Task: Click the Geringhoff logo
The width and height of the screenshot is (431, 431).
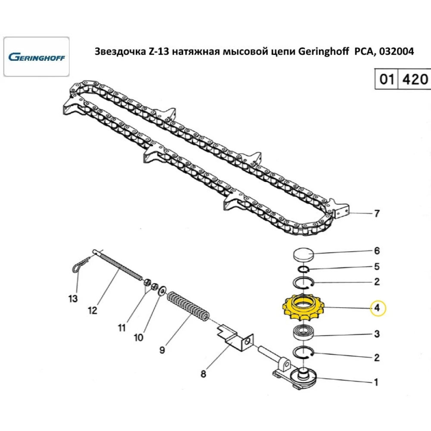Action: point(37,57)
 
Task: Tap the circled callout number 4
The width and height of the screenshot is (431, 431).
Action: point(378,308)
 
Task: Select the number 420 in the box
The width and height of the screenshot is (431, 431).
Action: point(415,79)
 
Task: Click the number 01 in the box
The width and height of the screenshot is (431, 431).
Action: point(387,79)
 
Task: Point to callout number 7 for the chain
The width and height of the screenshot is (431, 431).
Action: point(377,213)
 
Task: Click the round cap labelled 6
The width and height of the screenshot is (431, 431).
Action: point(303,254)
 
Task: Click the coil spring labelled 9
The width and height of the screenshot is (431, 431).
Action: point(189,306)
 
